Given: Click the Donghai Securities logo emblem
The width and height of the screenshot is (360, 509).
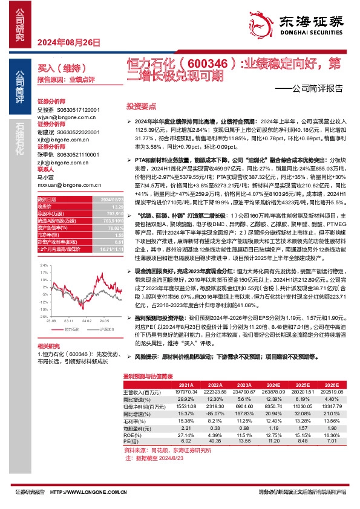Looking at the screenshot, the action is tap(264, 21).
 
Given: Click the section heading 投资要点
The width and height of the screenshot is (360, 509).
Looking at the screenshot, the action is tap(141, 105).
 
